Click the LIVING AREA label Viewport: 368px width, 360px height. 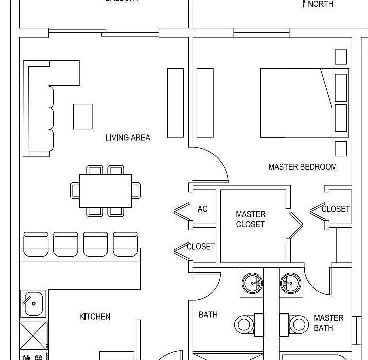128,137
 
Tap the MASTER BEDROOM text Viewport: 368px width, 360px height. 302,167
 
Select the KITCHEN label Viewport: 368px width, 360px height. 95,316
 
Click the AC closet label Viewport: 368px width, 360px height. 202,209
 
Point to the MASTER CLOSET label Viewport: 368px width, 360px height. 250,219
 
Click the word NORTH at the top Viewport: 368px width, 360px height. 320,4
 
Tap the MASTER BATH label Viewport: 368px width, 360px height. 328,323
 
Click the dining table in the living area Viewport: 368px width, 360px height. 106,191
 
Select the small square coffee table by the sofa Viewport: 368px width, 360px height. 83,116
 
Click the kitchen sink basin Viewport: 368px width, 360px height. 33,303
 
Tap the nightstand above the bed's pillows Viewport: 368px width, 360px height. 341,56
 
